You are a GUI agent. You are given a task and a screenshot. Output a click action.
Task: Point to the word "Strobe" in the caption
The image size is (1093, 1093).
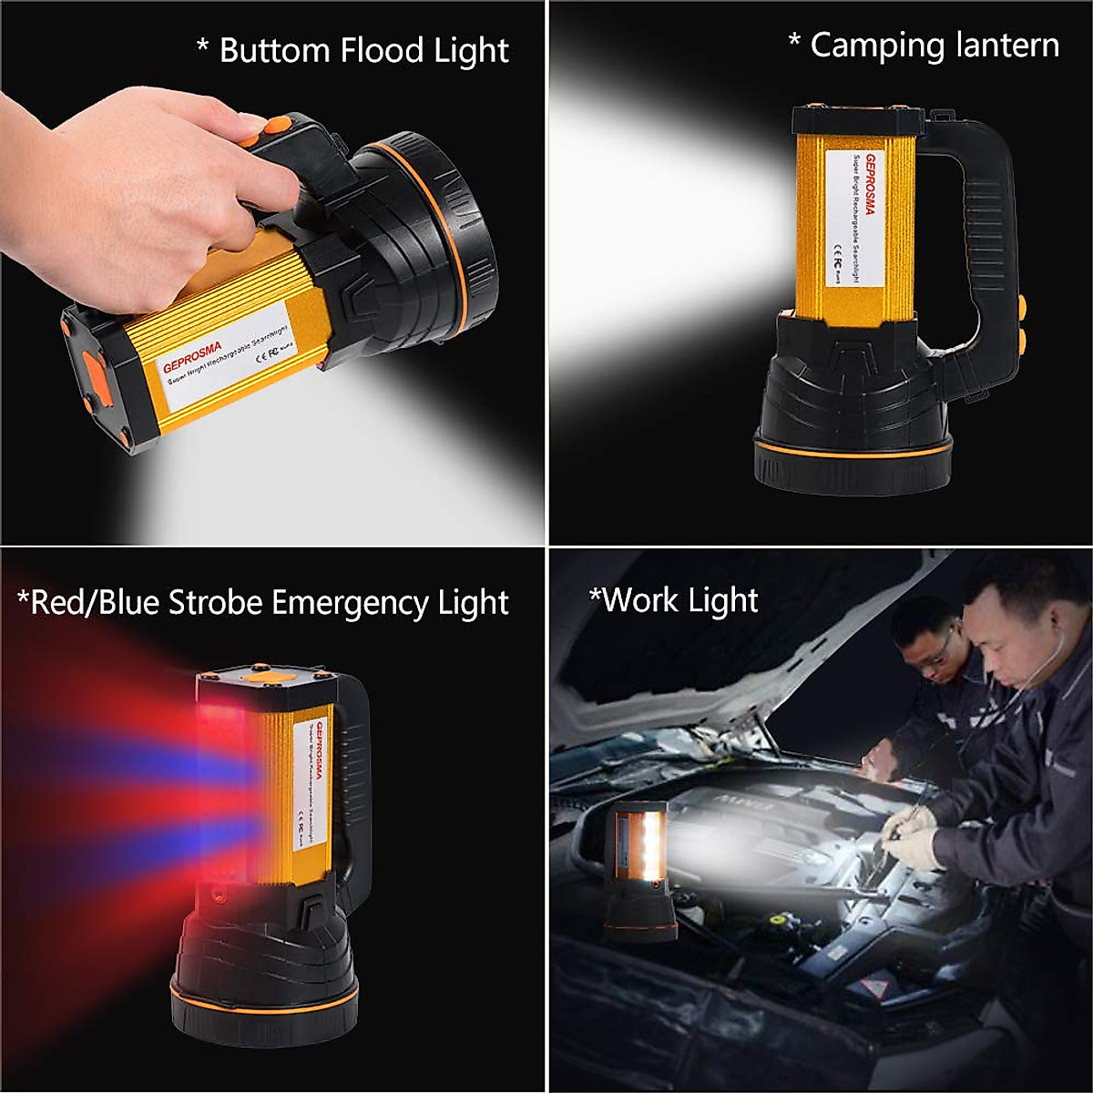click(x=213, y=603)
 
